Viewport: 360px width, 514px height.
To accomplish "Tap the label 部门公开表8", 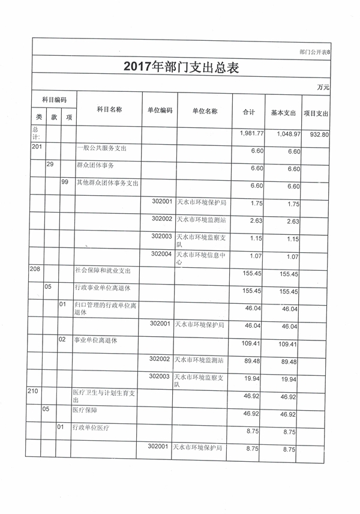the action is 314,52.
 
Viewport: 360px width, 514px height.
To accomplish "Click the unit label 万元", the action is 323,88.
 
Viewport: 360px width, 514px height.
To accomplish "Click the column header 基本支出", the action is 283,112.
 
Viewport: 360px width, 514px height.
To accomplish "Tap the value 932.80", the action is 317,135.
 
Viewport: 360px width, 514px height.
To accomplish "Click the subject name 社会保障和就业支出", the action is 103,271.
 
